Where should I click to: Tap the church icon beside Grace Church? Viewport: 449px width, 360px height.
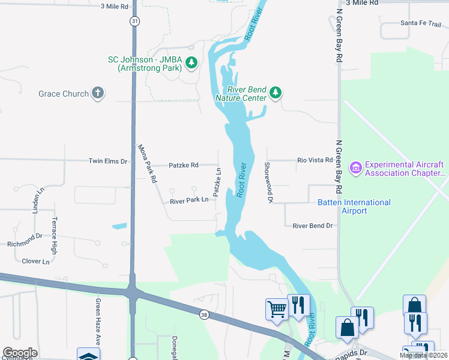98,93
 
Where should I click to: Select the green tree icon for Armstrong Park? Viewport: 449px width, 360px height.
191,62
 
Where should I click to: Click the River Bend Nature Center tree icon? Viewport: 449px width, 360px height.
276,92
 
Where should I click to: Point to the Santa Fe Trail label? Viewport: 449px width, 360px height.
421,23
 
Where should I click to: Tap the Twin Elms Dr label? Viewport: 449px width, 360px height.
108,161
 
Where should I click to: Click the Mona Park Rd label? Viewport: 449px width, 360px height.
147,163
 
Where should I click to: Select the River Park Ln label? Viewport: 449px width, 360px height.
188,200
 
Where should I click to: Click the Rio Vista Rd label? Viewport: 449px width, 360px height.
315,160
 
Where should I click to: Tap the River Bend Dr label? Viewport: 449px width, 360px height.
312,226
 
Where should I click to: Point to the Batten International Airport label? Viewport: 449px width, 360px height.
354,207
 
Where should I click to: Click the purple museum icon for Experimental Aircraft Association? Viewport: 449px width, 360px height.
355,167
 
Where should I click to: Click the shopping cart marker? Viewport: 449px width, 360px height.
276,309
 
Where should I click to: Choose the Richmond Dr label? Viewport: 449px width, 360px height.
25,244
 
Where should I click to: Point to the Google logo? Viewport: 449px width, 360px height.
19,352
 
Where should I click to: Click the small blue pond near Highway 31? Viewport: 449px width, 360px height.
119,226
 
